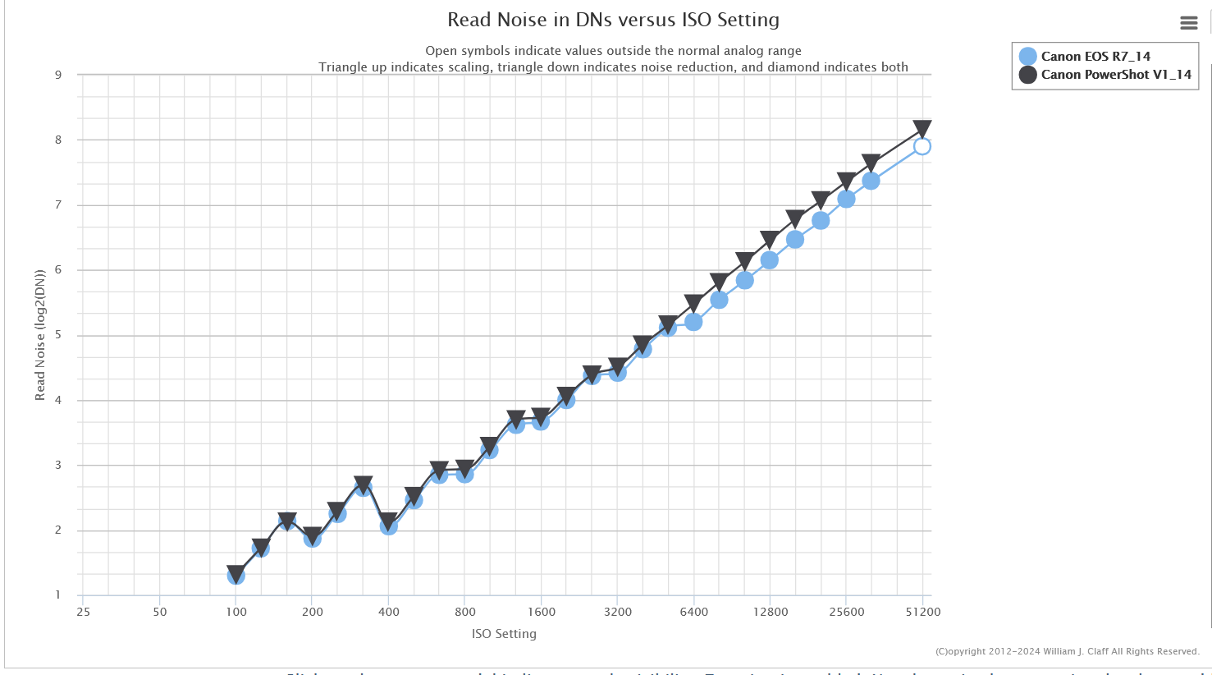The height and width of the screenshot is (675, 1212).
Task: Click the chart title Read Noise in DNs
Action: tap(613, 20)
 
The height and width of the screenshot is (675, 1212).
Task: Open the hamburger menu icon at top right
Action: tap(1188, 23)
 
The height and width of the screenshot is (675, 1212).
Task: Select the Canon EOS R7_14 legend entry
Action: tap(1095, 56)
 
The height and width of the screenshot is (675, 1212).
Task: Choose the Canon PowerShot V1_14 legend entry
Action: tap(1115, 74)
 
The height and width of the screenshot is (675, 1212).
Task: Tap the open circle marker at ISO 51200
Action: tap(922, 146)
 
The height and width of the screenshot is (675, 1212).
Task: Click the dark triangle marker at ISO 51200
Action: tap(922, 129)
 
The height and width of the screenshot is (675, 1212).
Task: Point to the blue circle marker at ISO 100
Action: tap(236, 576)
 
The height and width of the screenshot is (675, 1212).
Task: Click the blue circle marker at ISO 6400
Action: tap(693, 322)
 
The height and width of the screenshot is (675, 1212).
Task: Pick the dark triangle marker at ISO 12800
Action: tap(769, 240)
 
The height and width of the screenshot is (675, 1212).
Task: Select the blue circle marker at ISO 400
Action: tap(389, 526)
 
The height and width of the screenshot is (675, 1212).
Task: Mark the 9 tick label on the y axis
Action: tap(58, 75)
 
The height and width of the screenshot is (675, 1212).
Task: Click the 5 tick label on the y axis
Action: tap(58, 335)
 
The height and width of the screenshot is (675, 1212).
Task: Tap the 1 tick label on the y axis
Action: tap(58, 595)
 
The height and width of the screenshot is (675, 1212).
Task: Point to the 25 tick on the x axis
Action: tap(83, 612)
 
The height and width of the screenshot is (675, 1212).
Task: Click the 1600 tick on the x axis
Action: tap(542, 612)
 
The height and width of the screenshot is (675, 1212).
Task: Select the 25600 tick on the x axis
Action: tap(846, 612)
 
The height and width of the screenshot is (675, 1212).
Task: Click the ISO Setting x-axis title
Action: tap(504, 634)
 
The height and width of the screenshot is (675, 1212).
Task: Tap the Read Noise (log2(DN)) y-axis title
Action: tap(39, 335)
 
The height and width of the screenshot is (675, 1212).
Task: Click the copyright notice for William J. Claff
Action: tap(1067, 651)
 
